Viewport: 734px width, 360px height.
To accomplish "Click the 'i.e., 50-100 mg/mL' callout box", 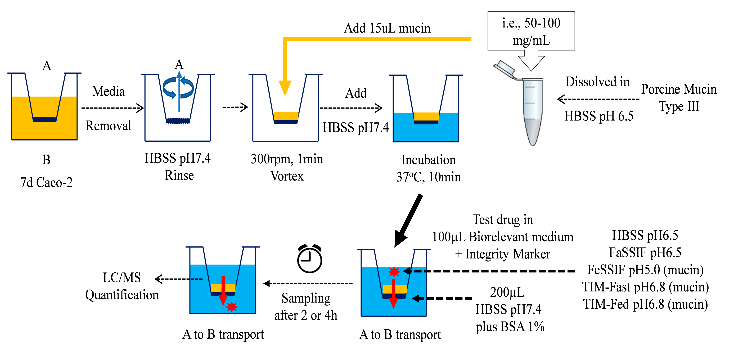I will click(531, 31).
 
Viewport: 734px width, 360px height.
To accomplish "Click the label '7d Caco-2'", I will click(46, 182).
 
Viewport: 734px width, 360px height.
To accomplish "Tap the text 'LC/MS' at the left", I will click(122, 277).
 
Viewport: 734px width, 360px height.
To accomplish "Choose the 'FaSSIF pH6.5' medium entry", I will click(645, 253).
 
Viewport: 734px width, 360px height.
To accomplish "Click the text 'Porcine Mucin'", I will click(679, 89).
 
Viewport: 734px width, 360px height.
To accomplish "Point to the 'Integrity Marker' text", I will click(508, 254).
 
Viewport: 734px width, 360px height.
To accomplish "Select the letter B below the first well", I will click(46, 160).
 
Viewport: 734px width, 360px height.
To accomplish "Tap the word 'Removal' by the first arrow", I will click(108, 126).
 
